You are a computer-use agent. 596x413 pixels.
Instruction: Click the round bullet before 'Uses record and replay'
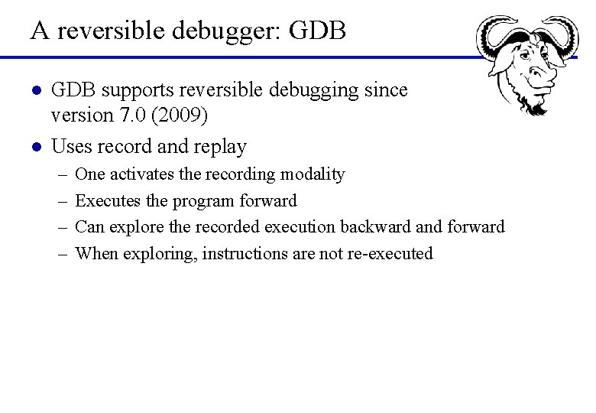tap(35, 145)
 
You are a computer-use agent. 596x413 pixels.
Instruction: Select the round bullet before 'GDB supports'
tap(35, 90)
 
